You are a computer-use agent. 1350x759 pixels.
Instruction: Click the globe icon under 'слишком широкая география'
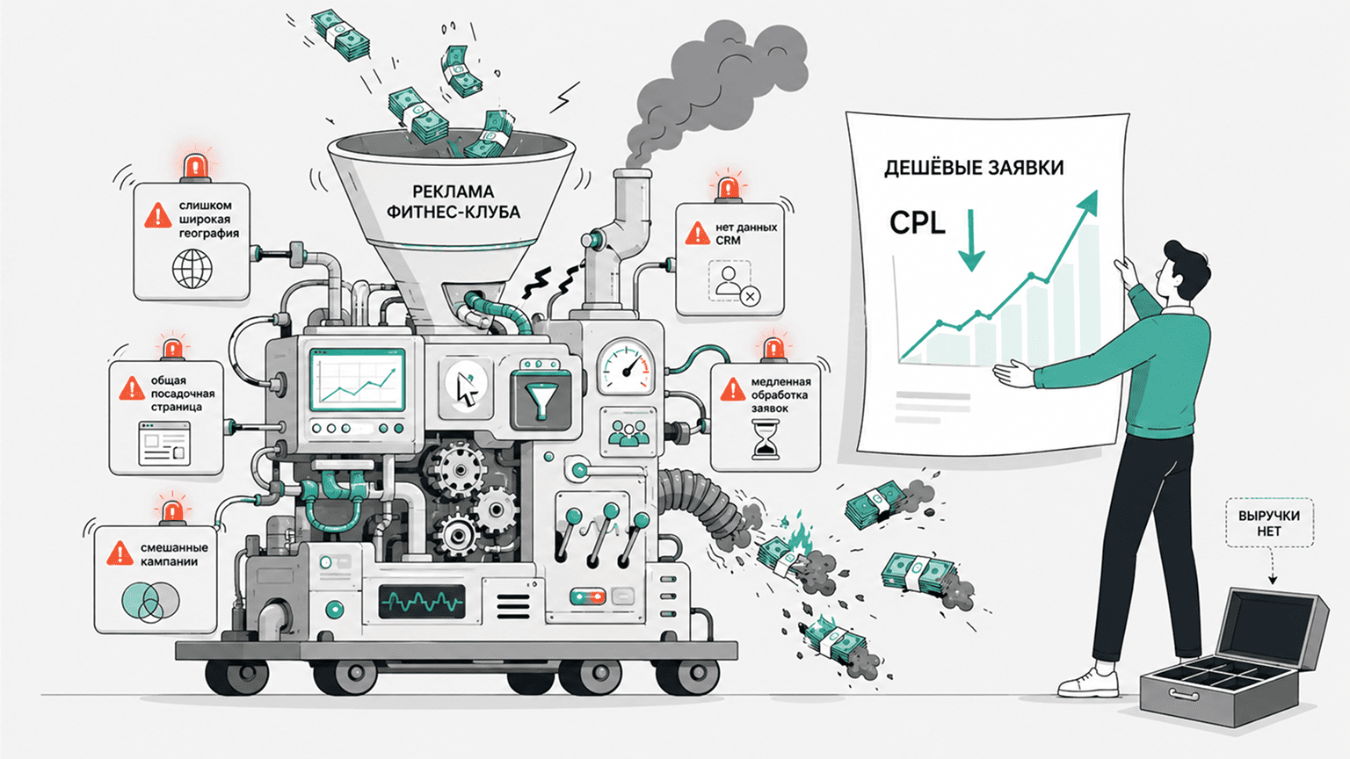(x=192, y=269)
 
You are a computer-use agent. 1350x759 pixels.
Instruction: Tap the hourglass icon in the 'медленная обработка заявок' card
(x=766, y=440)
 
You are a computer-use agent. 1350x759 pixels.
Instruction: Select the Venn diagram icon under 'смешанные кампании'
(x=150, y=603)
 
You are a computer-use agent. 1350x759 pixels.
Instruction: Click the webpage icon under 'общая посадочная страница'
(x=164, y=444)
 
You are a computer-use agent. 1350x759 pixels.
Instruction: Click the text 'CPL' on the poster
(x=918, y=223)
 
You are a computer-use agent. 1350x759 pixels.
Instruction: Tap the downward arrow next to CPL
(x=971, y=240)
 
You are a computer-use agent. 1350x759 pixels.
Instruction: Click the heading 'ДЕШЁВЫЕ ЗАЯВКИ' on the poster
(x=973, y=168)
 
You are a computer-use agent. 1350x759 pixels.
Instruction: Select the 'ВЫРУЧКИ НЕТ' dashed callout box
(x=1269, y=523)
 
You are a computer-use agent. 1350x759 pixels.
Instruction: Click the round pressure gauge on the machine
(x=626, y=366)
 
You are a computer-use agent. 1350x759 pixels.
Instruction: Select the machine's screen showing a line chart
(x=358, y=379)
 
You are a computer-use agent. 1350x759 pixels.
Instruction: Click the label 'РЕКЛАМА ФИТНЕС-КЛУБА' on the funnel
(x=454, y=202)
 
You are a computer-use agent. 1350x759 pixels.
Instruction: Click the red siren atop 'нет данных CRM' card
(x=728, y=189)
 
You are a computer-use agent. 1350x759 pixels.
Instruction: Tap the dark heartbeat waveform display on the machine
(x=422, y=601)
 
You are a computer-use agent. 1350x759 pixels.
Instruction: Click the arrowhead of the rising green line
(x=1087, y=203)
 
